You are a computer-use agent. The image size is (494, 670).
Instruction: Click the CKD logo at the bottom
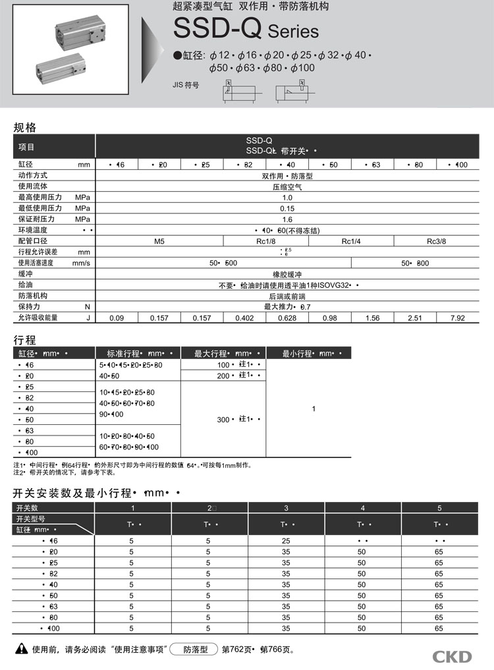click(452, 656)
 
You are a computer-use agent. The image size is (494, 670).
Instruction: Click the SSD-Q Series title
click(246, 30)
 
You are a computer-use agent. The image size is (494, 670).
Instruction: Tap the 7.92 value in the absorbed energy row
click(456, 318)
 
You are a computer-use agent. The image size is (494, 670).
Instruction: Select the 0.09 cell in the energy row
click(117, 318)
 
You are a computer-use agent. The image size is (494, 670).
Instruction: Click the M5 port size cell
click(159, 241)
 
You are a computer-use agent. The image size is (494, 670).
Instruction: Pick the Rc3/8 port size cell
click(436, 241)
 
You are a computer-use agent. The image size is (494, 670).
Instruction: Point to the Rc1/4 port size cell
click(351, 241)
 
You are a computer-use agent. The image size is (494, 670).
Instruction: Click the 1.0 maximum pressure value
click(287, 198)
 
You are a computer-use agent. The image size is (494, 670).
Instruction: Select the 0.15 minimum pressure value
click(287, 208)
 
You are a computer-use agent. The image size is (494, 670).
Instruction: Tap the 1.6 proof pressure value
click(287, 219)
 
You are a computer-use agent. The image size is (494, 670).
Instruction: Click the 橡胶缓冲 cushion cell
click(287, 274)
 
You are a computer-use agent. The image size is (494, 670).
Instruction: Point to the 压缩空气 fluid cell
click(287, 186)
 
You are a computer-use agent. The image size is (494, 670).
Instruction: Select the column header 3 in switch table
click(286, 507)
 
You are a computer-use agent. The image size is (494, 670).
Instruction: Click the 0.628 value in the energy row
click(287, 318)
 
